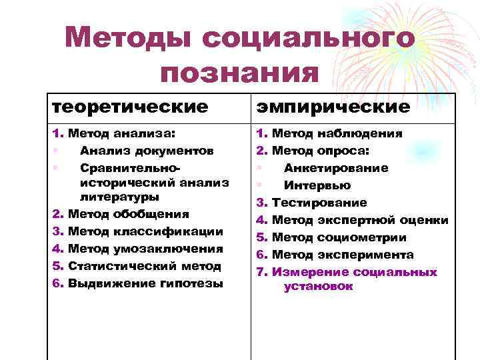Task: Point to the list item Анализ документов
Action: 146,151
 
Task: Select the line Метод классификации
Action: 145,232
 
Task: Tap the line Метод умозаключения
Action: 145,249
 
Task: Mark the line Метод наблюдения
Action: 336,133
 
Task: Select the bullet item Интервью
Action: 317,185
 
